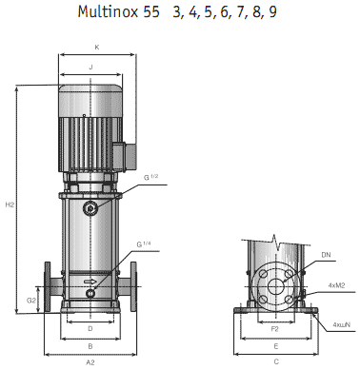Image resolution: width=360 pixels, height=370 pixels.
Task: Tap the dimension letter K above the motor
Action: click(x=96, y=47)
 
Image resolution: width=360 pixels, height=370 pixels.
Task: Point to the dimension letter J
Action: click(x=90, y=68)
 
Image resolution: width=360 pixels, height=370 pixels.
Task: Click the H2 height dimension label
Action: click(x=10, y=204)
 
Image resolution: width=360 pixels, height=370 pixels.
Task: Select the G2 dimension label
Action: click(x=30, y=300)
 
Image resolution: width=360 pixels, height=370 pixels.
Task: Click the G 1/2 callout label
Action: click(x=152, y=177)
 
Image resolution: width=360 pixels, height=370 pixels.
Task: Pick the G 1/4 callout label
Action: click(x=145, y=245)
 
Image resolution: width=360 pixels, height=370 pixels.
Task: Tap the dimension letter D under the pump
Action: click(x=90, y=328)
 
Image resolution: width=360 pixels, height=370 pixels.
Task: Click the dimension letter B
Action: click(x=90, y=345)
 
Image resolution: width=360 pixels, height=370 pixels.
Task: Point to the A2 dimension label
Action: click(x=90, y=362)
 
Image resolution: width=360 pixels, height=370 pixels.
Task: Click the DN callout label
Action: click(x=327, y=255)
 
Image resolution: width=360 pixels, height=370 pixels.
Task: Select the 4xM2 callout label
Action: click(x=337, y=284)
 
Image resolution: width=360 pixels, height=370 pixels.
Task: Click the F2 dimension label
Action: click(x=275, y=328)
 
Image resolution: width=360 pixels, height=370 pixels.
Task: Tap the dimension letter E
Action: click(x=275, y=345)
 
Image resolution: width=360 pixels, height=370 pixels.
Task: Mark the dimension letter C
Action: click(x=275, y=362)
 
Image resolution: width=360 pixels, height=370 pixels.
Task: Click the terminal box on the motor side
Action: click(x=120, y=153)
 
